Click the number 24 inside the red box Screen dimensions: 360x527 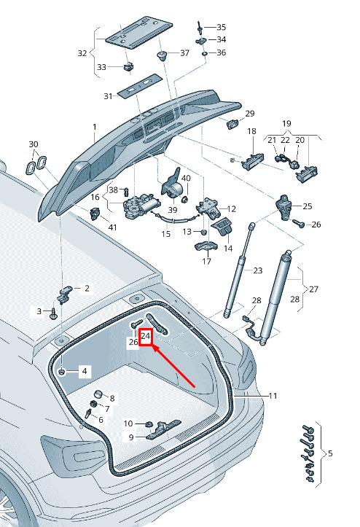(146, 335)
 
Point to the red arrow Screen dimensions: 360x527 (173, 367)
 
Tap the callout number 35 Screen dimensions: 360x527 (222, 27)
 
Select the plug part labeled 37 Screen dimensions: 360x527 (163, 55)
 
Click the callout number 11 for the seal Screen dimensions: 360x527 (273, 396)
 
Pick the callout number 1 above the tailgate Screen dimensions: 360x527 (95, 127)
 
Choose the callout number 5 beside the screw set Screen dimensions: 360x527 (330, 453)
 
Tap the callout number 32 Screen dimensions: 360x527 (82, 53)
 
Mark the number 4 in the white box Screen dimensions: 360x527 (85, 371)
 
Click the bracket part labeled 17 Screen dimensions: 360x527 (206, 246)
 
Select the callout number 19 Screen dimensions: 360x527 (286, 123)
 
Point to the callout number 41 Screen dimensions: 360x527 (113, 227)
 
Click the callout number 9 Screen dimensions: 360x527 (131, 437)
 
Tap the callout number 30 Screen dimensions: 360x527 (34, 144)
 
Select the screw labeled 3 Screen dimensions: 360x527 (53, 313)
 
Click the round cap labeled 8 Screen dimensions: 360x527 (98, 394)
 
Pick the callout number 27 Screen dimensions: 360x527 (313, 289)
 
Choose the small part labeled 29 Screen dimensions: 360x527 (232, 124)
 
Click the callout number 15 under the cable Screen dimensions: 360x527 (166, 233)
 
